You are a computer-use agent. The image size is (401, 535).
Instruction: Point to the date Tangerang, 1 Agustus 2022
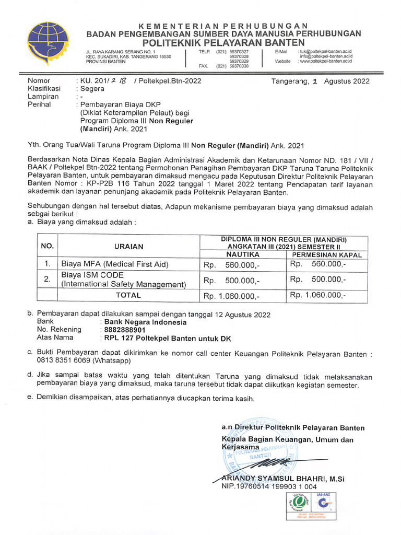coord(320,81)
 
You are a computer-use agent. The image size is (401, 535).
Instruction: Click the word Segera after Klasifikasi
coord(92,89)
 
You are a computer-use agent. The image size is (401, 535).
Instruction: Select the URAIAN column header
coord(128,246)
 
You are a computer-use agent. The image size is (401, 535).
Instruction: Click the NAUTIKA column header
coord(242,254)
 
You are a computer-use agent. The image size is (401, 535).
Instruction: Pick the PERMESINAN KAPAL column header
coord(326,254)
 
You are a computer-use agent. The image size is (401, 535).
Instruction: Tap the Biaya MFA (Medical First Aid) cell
coord(115,264)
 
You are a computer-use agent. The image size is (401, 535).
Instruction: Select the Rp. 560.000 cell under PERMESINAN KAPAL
coord(318,264)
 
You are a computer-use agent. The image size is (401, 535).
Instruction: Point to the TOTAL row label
coord(128,295)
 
